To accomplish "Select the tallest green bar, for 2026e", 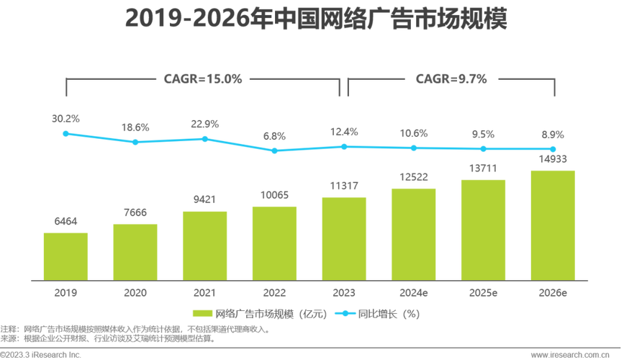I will pyautogui.click(x=553, y=224).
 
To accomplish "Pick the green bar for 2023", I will pyautogui.click(x=343, y=237).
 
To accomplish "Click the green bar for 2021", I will pyautogui.click(x=204, y=244).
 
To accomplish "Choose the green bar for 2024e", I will pyautogui.click(x=413, y=233).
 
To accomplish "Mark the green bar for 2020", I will pyautogui.click(x=135, y=251).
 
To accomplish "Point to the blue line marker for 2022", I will pyautogui.click(x=274, y=150).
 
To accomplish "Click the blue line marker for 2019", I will pyautogui.click(x=65, y=133).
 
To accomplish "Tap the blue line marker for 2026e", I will pyautogui.click(x=553, y=149).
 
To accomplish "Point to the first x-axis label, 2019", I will pyautogui.click(x=65, y=292).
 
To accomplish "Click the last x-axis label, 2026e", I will pyautogui.click(x=553, y=292).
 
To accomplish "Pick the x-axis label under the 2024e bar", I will pyautogui.click(x=413, y=292).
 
